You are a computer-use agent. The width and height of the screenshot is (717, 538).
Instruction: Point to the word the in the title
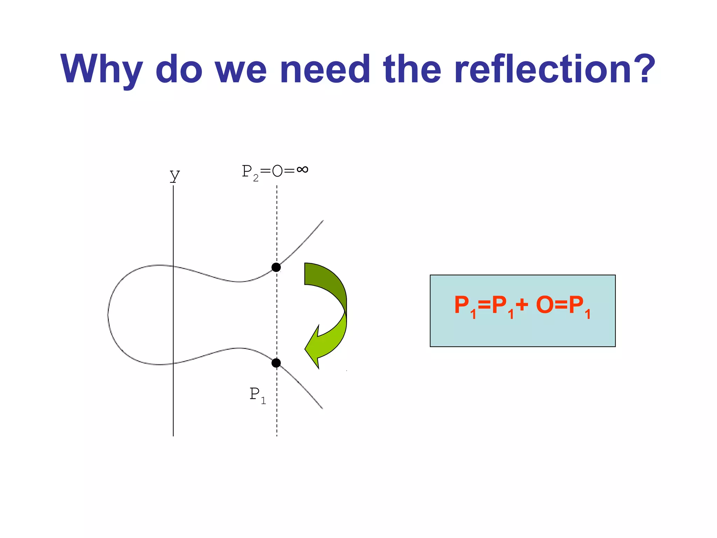412,69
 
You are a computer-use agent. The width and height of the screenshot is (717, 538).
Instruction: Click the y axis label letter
174,175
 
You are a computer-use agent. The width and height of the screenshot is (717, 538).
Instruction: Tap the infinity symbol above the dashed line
302,170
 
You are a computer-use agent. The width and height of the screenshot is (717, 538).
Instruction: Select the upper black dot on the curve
276,268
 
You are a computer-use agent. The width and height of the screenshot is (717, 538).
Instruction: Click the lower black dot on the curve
276,363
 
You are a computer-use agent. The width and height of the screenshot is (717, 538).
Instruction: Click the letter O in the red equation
545,305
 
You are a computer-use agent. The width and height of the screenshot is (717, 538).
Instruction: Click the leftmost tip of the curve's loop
108,315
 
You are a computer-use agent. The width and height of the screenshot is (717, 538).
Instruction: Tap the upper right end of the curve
322,221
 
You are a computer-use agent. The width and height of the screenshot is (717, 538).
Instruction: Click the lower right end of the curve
322,408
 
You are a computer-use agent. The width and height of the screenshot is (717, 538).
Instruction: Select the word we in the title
241,69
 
